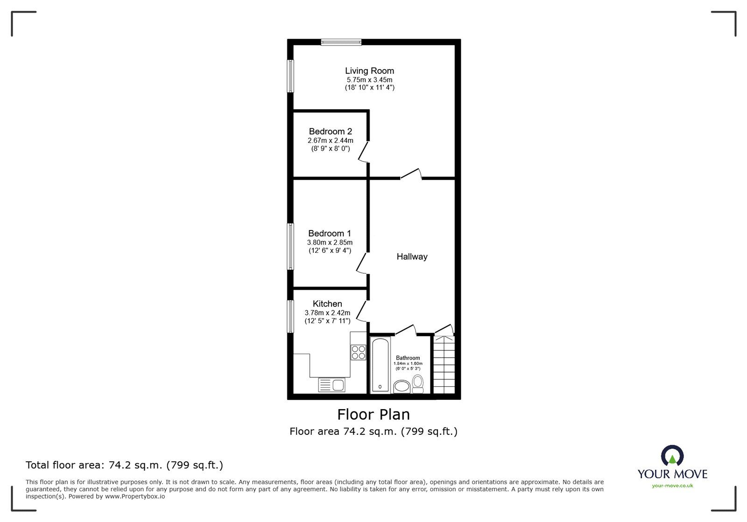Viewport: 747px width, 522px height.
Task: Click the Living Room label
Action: [x=369, y=71]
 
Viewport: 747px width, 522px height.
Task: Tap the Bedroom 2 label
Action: [x=330, y=132]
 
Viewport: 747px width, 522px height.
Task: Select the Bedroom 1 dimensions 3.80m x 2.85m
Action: [x=330, y=243]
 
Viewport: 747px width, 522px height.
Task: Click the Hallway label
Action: [x=412, y=257]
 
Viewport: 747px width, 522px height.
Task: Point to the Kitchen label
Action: [x=327, y=304]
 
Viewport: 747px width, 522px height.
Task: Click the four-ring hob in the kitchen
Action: [x=359, y=352]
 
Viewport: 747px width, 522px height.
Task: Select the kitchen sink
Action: [x=331, y=385]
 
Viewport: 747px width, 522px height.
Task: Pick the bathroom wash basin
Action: [x=402, y=386]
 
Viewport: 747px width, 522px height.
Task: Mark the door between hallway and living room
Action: [x=411, y=174]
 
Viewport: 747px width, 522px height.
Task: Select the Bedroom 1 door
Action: [x=362, y=263]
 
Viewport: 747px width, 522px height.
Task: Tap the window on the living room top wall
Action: [x=341, y=42]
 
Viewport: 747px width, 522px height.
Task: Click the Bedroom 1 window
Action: [x=290, y=246]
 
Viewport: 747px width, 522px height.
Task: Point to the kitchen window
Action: [x=290, y=316]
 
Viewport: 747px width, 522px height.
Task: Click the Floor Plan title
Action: [x=373, y=414]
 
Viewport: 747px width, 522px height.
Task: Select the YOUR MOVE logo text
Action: [x=672, y=474]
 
